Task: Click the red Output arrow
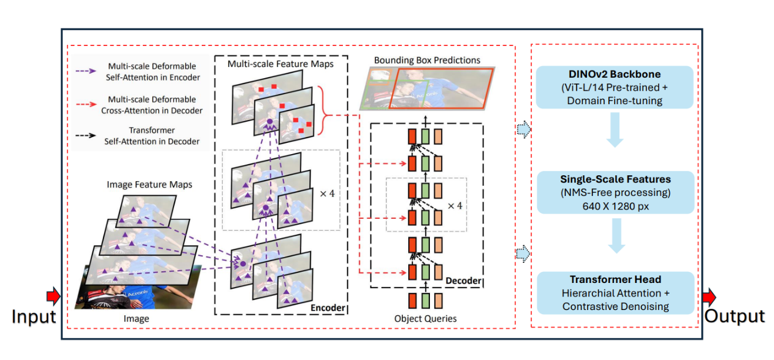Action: coord(709,295)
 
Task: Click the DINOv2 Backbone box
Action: coord(615,87)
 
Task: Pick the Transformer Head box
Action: coord(615,292)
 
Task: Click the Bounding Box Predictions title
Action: coord(427,60)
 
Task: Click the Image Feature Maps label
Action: coord(149,185)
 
